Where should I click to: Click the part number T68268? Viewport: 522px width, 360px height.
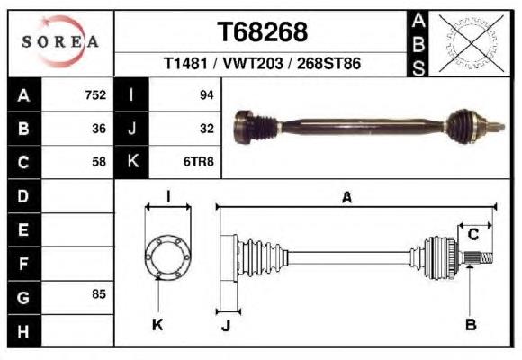coord(262,32)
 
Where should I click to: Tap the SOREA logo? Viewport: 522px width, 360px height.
coord(60,41)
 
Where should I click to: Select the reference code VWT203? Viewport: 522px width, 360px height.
coord(253,63)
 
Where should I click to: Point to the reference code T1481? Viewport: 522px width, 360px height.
coord(185,63)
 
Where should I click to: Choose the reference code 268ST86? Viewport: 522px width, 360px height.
coord(328,63)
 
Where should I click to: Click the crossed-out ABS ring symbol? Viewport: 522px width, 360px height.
coord(471,43)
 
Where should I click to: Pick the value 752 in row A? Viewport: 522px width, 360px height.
coord(95,95)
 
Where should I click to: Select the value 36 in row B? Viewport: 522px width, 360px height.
coord(99,129)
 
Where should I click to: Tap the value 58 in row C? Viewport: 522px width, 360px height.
coord(99,162)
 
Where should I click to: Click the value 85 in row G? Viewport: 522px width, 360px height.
coord(99,294)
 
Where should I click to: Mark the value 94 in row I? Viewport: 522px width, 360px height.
coord(206,95)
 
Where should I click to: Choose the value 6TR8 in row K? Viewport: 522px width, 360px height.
coord(199,162)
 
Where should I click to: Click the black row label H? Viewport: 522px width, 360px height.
coord(24,331)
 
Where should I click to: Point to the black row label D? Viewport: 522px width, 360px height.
coord(24,196)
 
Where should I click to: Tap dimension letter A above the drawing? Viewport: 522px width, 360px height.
coord(346,197)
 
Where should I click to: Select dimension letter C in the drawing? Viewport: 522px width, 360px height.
coord(473,234)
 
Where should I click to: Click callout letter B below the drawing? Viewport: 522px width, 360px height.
coord(471,324)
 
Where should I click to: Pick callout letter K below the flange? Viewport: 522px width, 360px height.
coord(157,324)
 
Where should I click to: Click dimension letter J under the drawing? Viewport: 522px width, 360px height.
coord(226,325)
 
